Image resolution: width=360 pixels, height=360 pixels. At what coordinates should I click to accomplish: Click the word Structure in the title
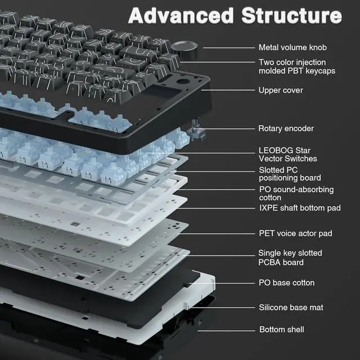coord(291,16)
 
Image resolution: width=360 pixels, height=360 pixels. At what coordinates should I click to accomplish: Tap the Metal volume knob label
coord(292,48)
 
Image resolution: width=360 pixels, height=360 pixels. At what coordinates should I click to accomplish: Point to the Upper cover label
coord(280,90)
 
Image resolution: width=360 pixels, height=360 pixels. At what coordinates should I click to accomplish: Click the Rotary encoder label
coord(286,129)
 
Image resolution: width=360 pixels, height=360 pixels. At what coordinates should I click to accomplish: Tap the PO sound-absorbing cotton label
coord(296,193)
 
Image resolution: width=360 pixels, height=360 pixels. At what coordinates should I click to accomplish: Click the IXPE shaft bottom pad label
coord(299,208)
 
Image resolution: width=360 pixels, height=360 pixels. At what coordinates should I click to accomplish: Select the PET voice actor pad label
coord(295,233)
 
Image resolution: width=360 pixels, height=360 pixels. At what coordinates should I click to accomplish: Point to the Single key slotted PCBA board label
coord(290,258)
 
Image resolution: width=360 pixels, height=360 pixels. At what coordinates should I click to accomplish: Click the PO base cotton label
coord(286,282)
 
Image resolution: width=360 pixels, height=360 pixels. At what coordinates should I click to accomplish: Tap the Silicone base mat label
coord(290,307)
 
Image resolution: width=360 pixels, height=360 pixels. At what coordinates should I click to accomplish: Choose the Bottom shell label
coord(281,329)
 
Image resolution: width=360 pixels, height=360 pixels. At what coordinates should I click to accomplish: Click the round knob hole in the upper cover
coord(183,83)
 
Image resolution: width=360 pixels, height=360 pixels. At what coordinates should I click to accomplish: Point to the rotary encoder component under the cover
coord(197,133)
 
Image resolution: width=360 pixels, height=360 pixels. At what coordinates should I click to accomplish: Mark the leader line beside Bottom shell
coord(233,329)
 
